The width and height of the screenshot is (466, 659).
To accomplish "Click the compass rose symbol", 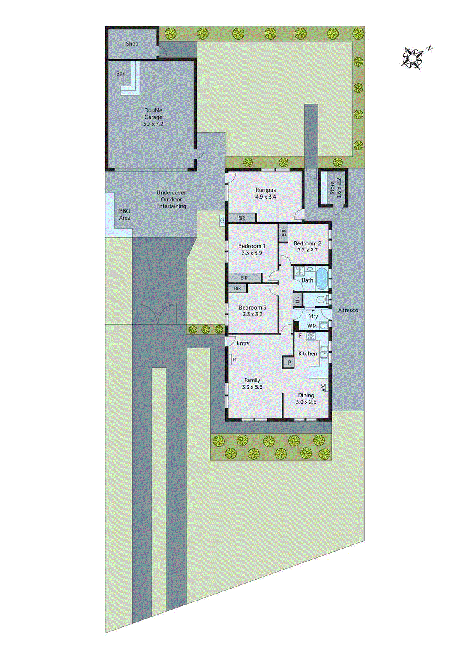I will (412, 58).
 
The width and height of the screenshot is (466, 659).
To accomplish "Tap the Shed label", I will (132, 44).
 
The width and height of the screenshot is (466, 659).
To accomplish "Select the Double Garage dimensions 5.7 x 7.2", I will (153, 124).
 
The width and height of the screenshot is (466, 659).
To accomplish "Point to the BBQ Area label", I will (124, 214).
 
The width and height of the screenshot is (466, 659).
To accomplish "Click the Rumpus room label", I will (265, 190).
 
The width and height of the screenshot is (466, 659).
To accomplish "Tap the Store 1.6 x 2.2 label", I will (335, 188).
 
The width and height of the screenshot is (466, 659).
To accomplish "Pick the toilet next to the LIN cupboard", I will (321, 299).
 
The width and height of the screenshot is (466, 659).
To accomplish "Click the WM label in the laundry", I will (312, 326).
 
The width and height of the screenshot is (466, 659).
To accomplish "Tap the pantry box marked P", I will (290, 363).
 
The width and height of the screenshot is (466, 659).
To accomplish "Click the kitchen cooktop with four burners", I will (311, 337).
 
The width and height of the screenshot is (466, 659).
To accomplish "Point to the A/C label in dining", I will (323, 388).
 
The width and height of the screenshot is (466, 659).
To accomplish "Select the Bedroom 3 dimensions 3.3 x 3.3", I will (253, 314).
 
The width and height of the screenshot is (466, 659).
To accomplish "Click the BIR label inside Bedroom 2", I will (283, 233).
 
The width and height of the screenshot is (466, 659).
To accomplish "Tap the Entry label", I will (243, 343).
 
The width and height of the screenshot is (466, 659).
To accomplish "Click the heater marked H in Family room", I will (233, 360).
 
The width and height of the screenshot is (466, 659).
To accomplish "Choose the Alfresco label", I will (348, 310).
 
